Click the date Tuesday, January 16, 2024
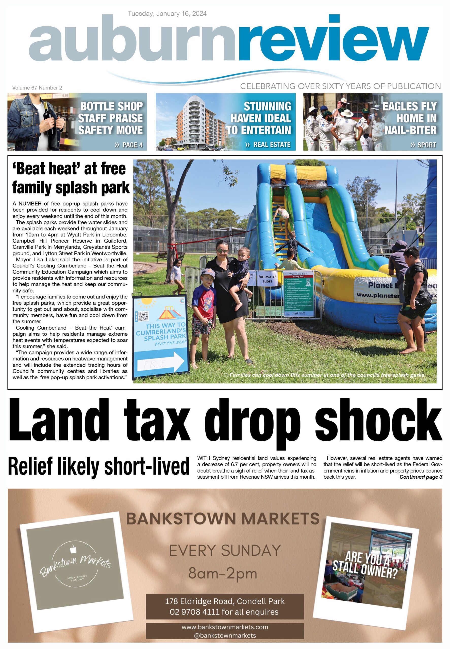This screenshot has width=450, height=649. coord(167,13)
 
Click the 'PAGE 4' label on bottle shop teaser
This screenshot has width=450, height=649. coord(129,145)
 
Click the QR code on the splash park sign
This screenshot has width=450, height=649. coord(143,316)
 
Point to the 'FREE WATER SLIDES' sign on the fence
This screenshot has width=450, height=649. coord(267,279)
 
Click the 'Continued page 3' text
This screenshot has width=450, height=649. coord(421,477)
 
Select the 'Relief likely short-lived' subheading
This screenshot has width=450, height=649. coord(99,466)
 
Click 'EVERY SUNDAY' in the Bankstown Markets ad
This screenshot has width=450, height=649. coord(225,550)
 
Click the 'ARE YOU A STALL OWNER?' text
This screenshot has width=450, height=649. coord(366,565)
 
